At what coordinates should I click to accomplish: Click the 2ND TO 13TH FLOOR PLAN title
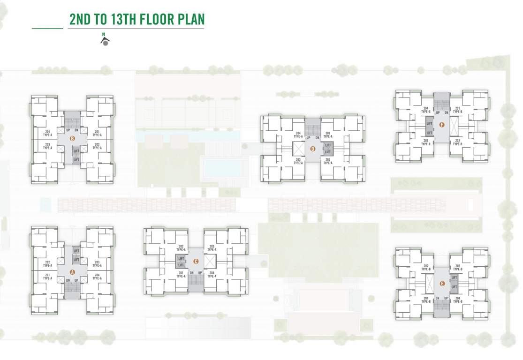[x=136, y=20]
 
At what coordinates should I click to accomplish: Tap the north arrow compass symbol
[x=105, y=40]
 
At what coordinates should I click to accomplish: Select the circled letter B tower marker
[x=72, y=138]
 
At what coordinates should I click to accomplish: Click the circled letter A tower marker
[x=72, y=271]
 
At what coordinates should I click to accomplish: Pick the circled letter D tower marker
[x=313, y=149]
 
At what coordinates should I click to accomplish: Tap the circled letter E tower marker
[x=442, y=283]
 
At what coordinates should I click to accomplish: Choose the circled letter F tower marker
[x=442, y=125]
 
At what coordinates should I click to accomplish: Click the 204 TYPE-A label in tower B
[x=47, y=133]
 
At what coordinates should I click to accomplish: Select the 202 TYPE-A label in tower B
[x=97, y=146]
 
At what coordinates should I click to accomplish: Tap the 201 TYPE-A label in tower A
[x=47, y=277]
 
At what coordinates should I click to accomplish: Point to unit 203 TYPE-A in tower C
[x=212, y=248]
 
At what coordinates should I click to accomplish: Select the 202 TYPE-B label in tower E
[x=426, y=268]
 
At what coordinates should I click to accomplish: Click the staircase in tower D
[x=313, y=126]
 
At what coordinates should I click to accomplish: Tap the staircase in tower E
[x=442, y=305]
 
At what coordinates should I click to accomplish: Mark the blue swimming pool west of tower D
[x=223, y=168]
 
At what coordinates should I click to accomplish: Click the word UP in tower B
[x=68, y=130]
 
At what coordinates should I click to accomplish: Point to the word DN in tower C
[x=191, y=273]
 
